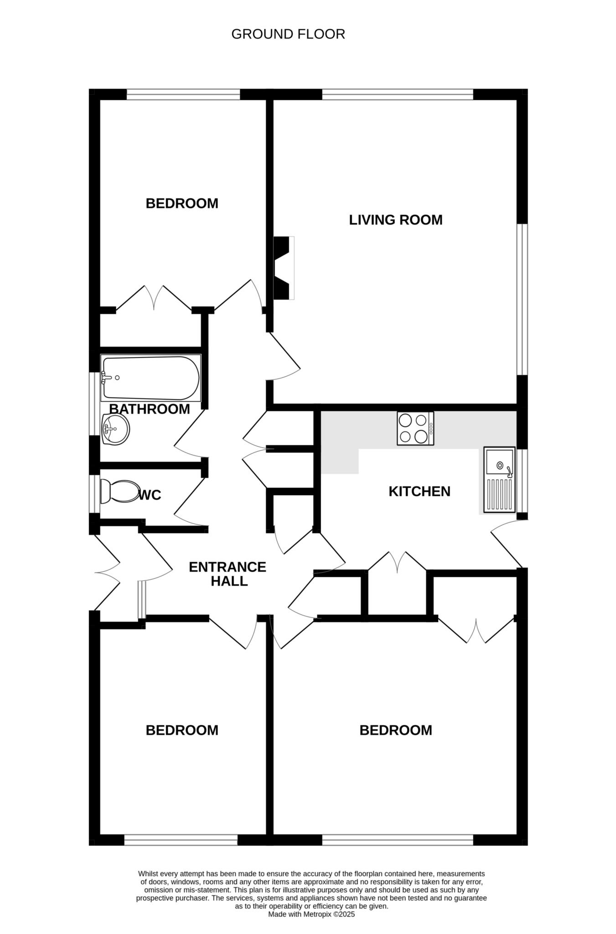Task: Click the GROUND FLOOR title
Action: coord(288,34)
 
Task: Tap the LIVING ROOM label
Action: coord(396,220)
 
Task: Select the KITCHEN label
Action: coord(419,491)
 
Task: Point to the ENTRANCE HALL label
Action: coord(228,574)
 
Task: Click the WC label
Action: coord(150,495)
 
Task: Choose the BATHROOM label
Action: coord(150,409)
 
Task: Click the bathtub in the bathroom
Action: coord(151,378)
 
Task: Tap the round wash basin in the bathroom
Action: coord(116,429)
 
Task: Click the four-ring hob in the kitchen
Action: coord(415,428)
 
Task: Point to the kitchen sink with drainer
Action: coord(500,480)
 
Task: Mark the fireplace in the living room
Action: coord(284,268)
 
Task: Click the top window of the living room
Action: coord(398,94)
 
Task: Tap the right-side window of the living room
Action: coord(522,300)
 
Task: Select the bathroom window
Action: coord(95,404)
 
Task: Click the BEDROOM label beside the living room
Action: coord(182,203)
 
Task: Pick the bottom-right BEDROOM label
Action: coord(396,730)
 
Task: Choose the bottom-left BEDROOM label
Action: coord(182,730)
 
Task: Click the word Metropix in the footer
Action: coord(317,914)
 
